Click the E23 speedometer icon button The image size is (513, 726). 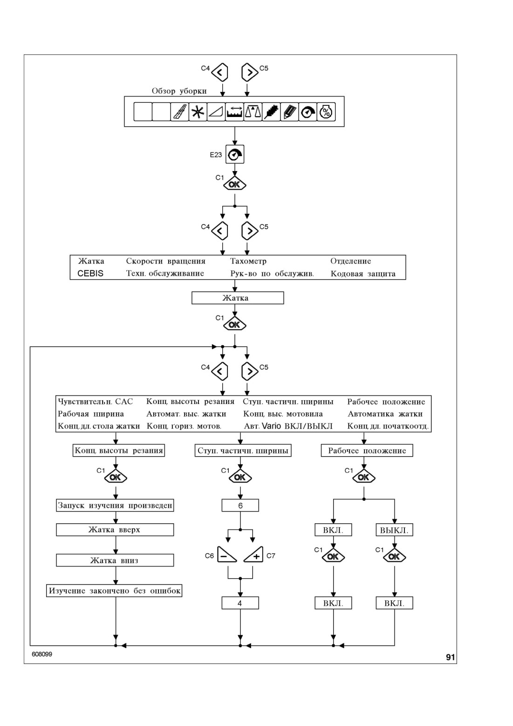(x=235, y=154)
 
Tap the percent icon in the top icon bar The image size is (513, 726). (x=326, y=112)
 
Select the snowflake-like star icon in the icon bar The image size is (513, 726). (x=198, y=112)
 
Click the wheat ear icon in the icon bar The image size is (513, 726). (x=271, y=112)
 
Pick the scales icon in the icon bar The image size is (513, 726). (x=253, y=112)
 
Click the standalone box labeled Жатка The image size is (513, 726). (x=238, y=298)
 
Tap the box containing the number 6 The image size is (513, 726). (x=240, y=505)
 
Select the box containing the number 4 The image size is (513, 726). (x=240, y=603)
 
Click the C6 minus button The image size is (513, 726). (x=226, y=555)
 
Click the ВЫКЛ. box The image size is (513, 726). (x=394, y=530)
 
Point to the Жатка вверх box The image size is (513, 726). (x=115, y=530)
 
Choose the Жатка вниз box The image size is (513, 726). (x=115, y=561)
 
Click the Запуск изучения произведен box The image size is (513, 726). (x=115, y=505)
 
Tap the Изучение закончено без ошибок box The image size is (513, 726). (x=114, y=591)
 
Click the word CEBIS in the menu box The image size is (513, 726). (x=90, y=274)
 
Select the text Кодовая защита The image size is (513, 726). (x=363, y=274)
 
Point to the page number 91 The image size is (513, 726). (x=451, y=657)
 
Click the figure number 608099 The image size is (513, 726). (x=42, y=654)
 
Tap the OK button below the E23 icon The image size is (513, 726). (x=235, y=184)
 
